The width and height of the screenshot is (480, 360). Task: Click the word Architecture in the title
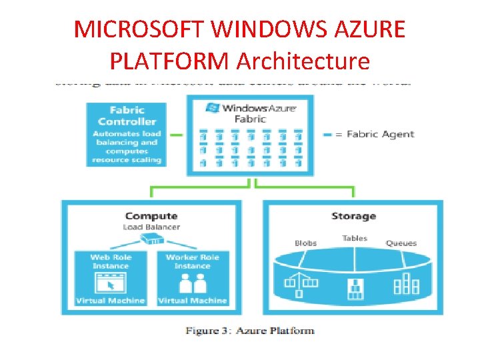click(303, 61)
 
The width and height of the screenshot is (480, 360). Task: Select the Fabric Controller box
click(127, 134)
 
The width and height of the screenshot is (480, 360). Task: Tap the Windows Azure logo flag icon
click(213, 107)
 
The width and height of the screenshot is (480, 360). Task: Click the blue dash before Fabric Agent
click(327, 135)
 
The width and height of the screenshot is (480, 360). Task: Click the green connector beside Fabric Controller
click(176, 135)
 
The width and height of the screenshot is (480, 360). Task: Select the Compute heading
click(151, 215)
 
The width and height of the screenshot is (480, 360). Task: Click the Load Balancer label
click(151, 227)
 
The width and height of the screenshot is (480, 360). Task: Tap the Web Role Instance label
click(111, 261)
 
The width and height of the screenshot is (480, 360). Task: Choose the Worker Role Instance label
click(192, 261)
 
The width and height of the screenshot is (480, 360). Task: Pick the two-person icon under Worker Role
click(192, 284)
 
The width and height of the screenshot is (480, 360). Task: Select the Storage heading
click(353, 216)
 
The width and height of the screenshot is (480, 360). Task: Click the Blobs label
click(305, 243)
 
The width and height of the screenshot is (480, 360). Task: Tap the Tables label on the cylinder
click(355, 238)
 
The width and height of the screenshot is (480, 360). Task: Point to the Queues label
click(401, 243)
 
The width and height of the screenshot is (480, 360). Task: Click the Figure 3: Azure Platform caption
click(250, 331)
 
